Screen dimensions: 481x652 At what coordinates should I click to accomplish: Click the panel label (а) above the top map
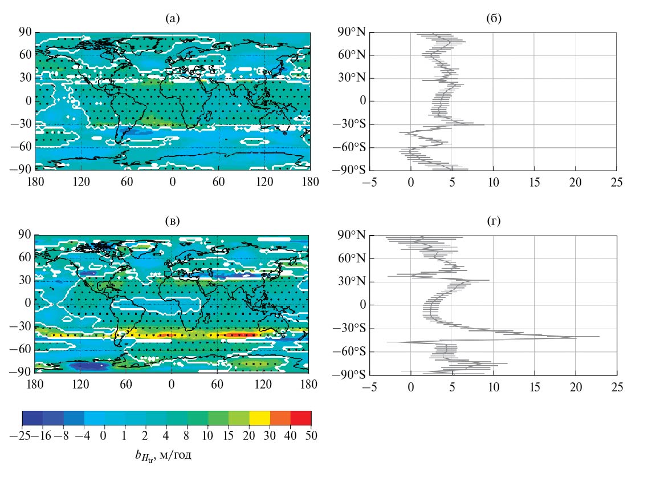click(173, 19)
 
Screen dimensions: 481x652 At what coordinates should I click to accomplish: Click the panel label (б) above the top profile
click(494, 19)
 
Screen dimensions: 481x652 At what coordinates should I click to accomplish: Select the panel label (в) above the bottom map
click(172, 222)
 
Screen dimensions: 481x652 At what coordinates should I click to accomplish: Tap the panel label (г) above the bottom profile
click(494, 222)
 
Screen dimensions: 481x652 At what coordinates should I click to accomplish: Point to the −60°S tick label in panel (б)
click(351, 148)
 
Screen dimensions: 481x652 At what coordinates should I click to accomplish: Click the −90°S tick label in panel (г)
click(351, 375)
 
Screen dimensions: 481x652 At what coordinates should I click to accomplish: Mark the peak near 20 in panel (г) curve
click(576, 338)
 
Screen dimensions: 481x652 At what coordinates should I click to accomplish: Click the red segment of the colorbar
click(303, 419)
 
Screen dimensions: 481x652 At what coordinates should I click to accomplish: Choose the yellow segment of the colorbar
click(260, 419)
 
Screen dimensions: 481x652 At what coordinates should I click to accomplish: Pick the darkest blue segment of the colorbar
click(32, 419)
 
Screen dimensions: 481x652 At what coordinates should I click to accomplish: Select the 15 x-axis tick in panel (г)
click(534, 386)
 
